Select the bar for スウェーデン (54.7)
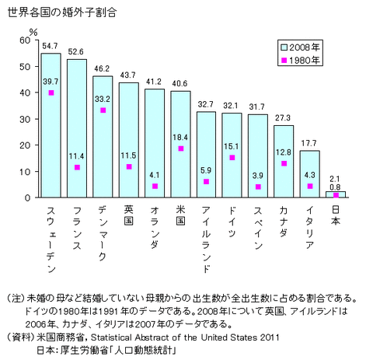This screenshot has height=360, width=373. coord(51,124)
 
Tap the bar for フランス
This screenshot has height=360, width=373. coord(77,128)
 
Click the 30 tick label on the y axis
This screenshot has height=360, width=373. coord(25,119)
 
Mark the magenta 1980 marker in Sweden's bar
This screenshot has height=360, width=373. coord(51,93)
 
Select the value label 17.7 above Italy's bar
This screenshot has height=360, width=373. coord(309,143)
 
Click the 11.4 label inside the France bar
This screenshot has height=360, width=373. coord(77,156)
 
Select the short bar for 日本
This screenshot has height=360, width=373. coord(336,194)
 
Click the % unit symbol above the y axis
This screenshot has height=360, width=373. coord(33,31)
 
